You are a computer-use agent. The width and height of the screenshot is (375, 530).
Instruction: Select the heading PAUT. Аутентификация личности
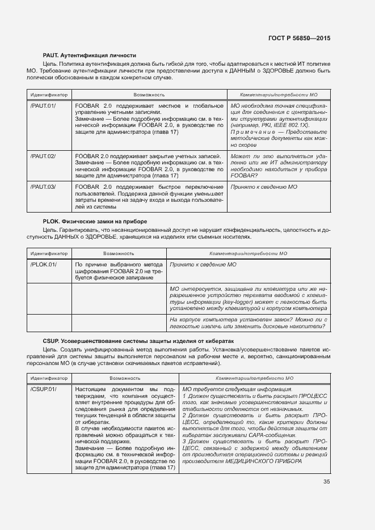coord(90,55)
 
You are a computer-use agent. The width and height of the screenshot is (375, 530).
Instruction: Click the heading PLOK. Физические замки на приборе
coord(95,221)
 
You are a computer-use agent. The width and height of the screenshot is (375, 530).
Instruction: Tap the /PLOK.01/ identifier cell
coord(43,264)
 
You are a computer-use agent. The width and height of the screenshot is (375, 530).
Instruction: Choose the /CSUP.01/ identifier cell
coord(43,389)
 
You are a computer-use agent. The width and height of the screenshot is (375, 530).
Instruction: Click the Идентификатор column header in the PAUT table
coord(48,94)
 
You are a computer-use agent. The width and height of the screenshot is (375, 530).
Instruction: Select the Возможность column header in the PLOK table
coord(119,253)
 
